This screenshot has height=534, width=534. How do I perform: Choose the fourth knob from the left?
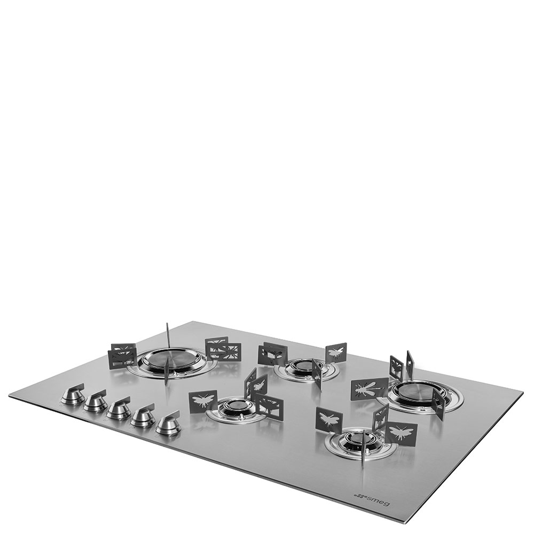tap(143, 415)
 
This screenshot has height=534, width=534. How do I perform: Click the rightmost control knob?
tap(169, 423)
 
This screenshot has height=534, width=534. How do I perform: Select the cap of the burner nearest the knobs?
tap(234, 405)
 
